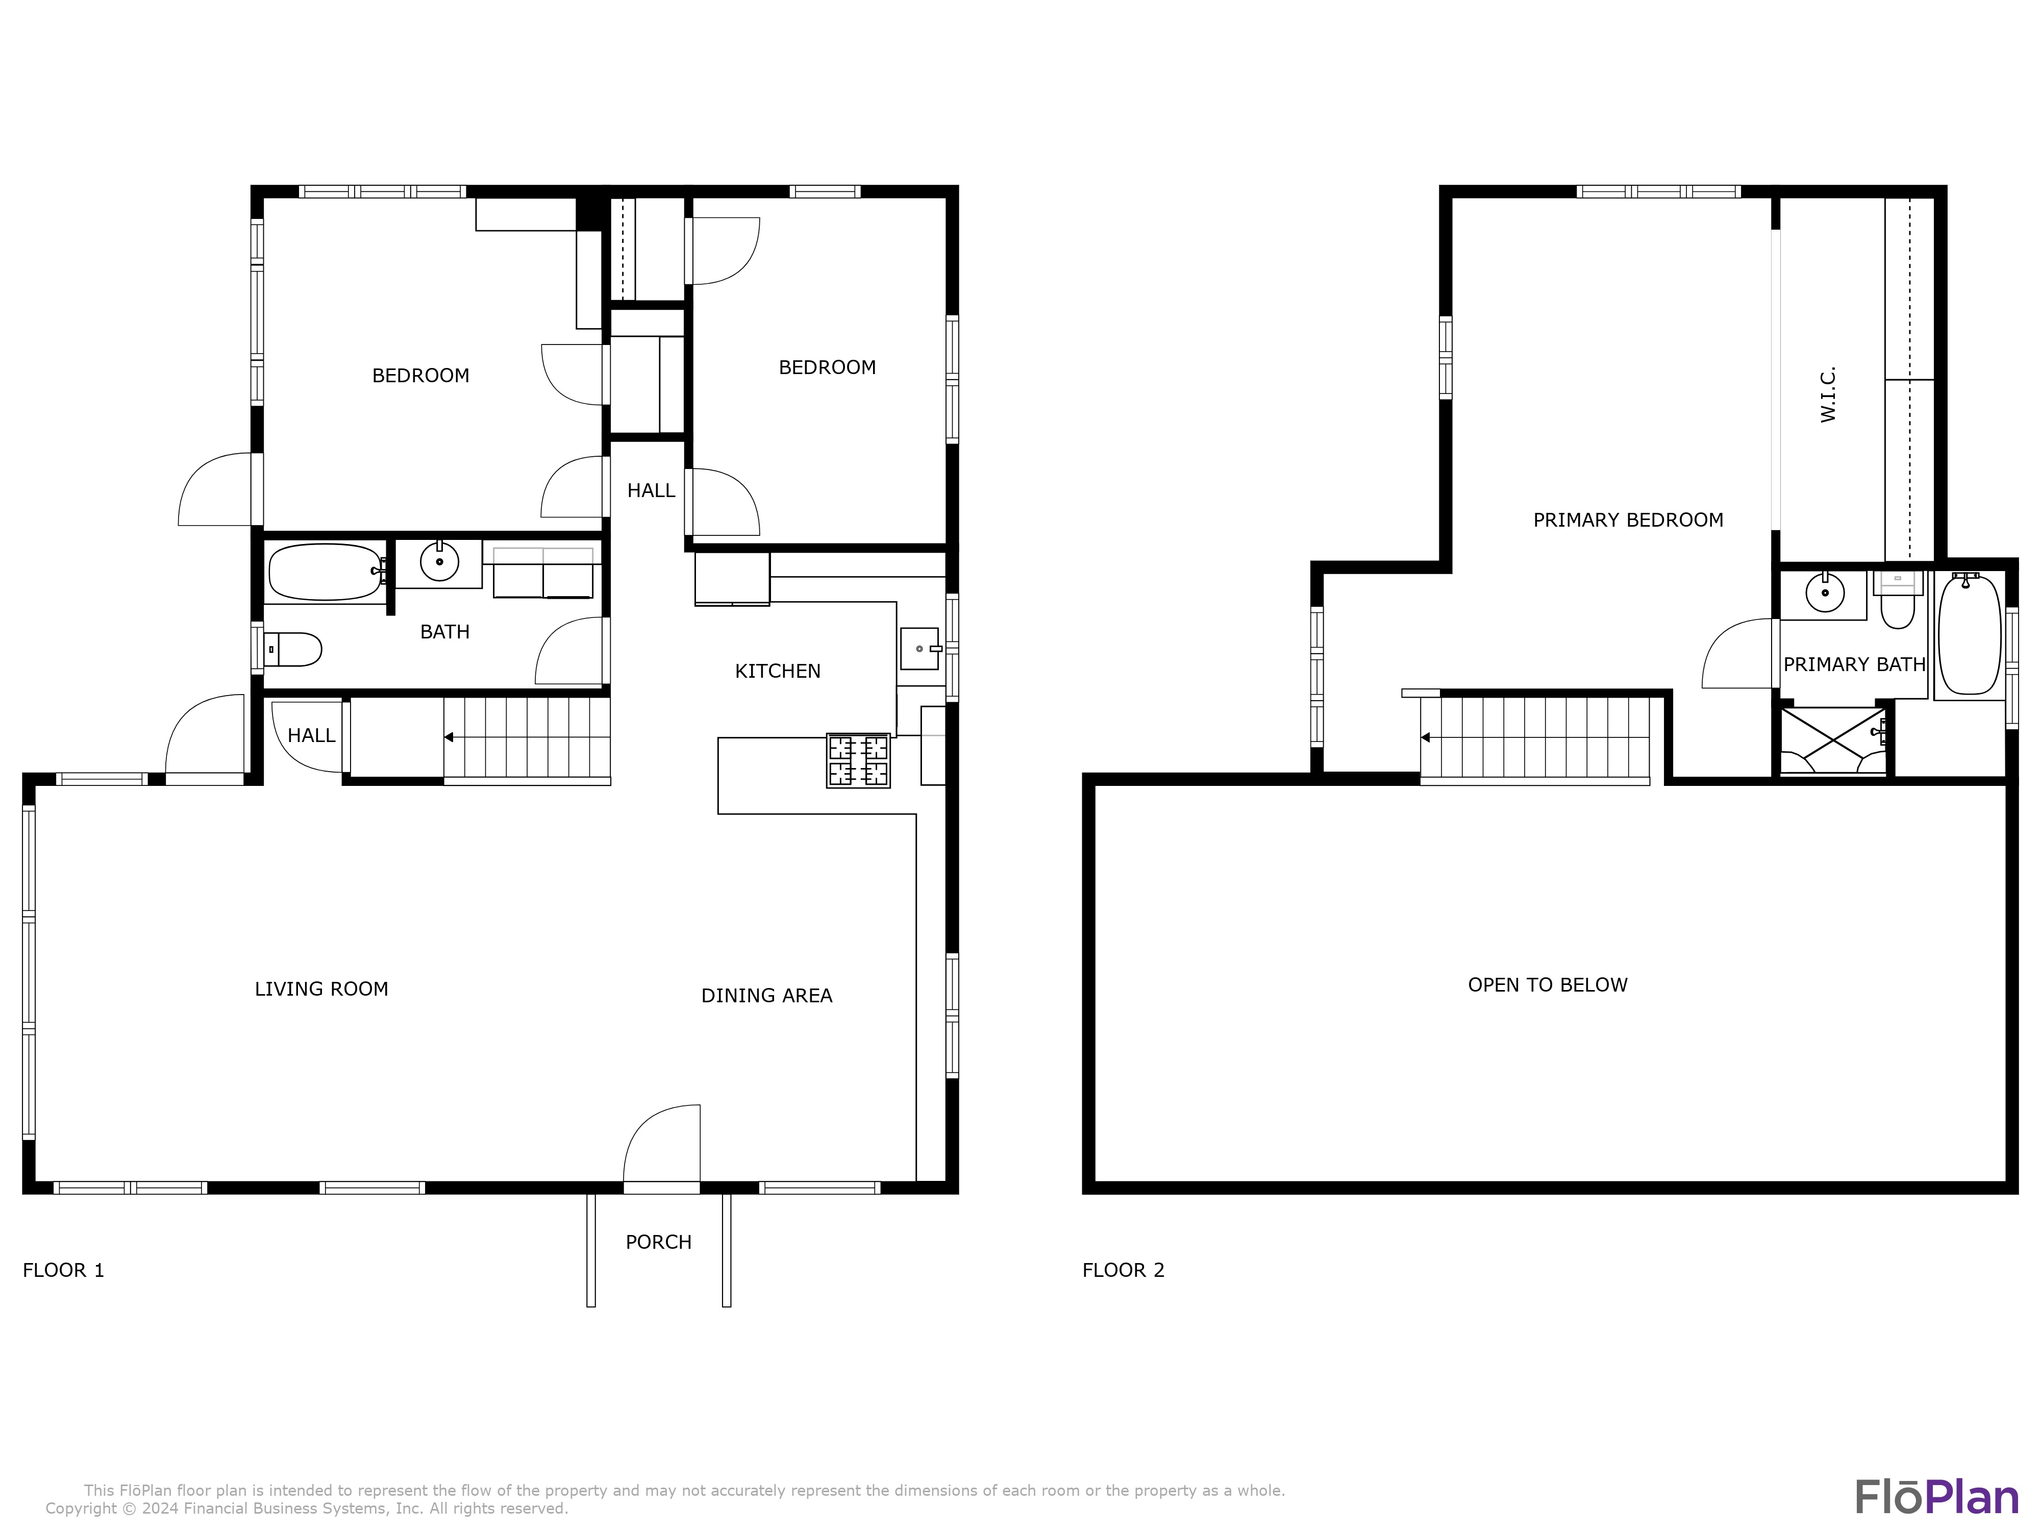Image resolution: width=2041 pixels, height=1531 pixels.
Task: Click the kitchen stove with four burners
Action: pos(858,760)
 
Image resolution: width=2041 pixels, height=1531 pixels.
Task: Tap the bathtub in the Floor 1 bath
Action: pos(326,572)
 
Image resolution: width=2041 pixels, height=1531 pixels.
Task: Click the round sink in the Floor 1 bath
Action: pos(439,561)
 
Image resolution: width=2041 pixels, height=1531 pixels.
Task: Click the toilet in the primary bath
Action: pos(1898,600)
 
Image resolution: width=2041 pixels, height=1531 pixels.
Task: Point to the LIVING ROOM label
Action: pos(321,990)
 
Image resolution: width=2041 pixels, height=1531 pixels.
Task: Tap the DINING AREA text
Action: pos(767,996)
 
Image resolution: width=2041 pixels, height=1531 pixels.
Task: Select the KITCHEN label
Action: pos(778,671)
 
